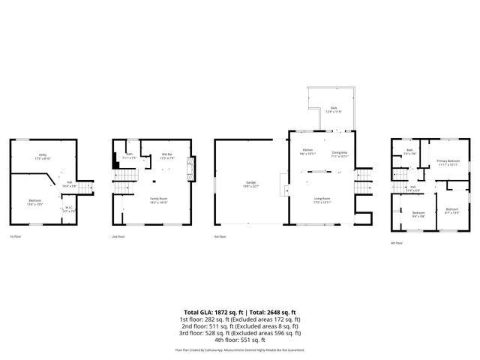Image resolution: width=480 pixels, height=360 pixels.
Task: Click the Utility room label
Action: point(43,157)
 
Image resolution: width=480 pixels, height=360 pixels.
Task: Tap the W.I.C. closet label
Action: point(69,209)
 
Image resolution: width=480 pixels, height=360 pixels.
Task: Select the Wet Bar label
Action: point(167,156)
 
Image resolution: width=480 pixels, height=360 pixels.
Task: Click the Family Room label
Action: point(158,199)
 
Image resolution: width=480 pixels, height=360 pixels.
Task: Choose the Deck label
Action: point(333,109)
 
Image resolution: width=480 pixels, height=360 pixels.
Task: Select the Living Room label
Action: point(322,199)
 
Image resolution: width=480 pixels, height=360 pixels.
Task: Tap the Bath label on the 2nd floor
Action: point(129,157)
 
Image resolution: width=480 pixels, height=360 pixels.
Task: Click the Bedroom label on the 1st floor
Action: point(35,202)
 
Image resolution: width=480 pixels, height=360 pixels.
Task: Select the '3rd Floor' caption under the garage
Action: point(220,237)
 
